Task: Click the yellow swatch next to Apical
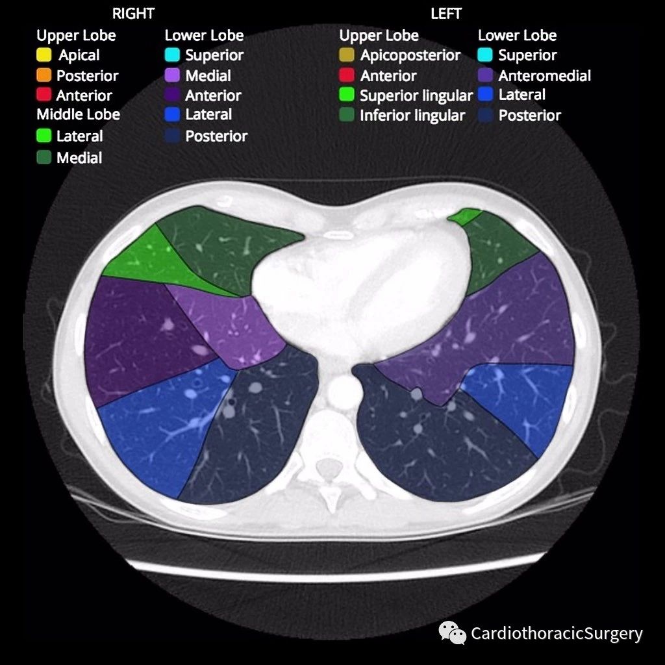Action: click(44, 55)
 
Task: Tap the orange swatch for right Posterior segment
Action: click(44, 75)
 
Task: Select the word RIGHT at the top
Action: click(133, 14)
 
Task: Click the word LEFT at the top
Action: click(445, 14)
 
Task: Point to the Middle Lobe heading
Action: click(79, 114)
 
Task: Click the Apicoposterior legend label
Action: click(410, 56)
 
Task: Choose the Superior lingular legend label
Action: click(416, 96)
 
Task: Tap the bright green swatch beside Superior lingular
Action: click(347, 95)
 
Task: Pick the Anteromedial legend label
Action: click(545, 76)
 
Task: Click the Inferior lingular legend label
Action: click(412, 116)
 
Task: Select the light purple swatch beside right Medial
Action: click(172, 75)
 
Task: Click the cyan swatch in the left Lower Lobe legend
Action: click(485, 55)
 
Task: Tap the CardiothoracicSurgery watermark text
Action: click(557, 634)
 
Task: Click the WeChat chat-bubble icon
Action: click(452, 633)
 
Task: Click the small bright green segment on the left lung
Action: click(465, 216)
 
